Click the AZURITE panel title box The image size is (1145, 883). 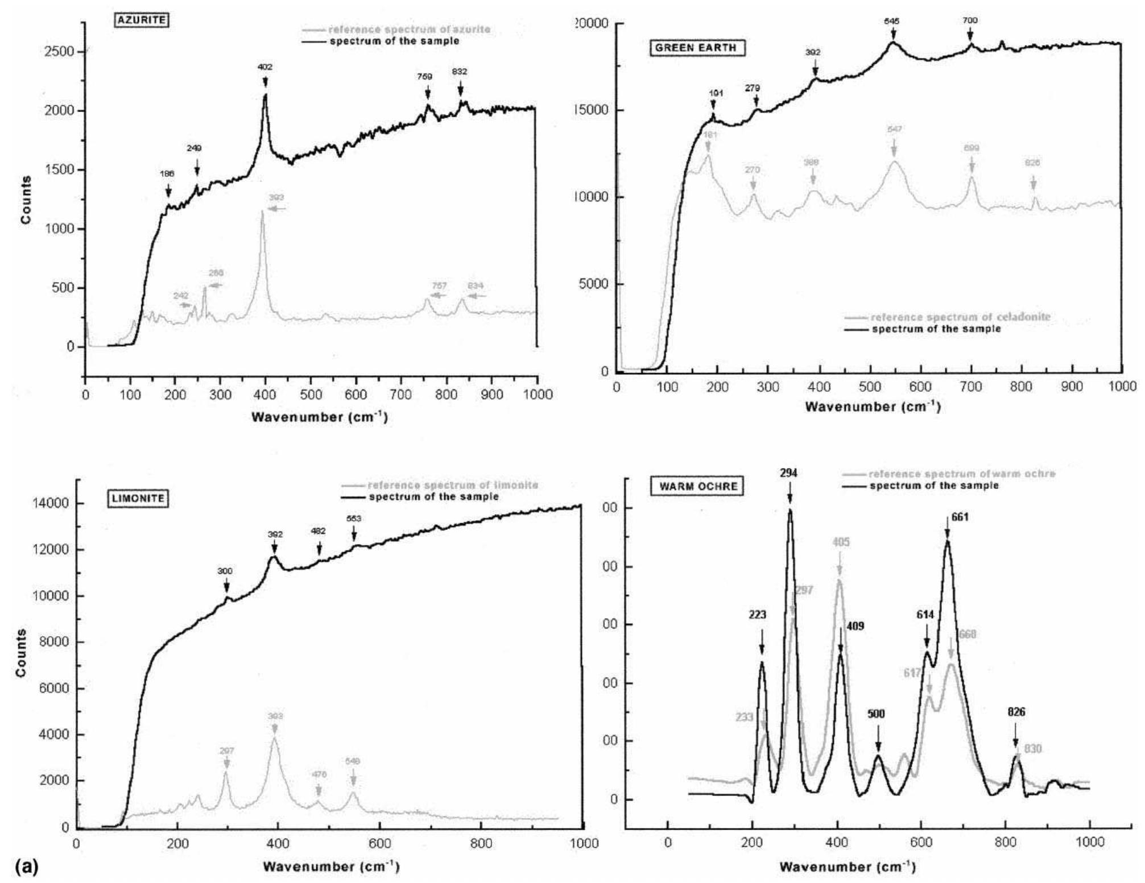pyautogui.click(x=141, y=20)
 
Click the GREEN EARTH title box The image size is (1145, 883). pyautogui.click(x=696, y=48)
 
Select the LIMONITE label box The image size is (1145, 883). pyautogui.click(x=137, y=499)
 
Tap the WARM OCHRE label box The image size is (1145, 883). pyautogui.click(x=698, y=487)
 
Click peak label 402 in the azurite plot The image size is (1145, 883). pyautogui.click(x=265, y=67)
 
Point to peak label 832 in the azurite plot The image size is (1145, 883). pyautogui.click(x=460, y=72)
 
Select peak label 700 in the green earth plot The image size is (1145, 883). pyautogui.click(x=970, y=20)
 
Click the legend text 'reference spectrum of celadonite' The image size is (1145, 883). pyautogui.click(x=960, y=317)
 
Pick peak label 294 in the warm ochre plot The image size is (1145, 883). pyautogui.click(x=789, y=473)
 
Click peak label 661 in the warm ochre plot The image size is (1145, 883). pyautogui.click(x=959, y=517)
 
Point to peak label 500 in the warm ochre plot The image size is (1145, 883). pyautogui.click(x=877, y=714)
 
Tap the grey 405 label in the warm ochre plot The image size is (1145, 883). pyautogui.click(x=841, y=542)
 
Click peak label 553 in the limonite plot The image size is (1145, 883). pyautogui.click(x=354, y=519)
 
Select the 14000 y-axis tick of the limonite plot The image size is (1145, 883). pyautogui.click(x=53, y=504)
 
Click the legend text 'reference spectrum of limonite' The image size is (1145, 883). pyautogui.click(x=453, y=486)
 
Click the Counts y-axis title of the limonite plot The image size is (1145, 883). pyautogui.click(x=22, y=653)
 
